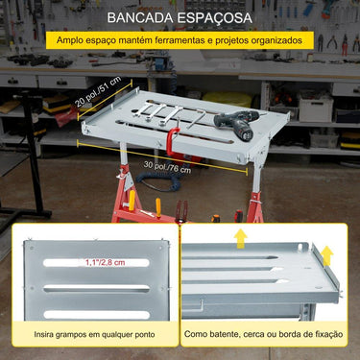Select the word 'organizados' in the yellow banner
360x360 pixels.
(284, 41)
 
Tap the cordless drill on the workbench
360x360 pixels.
(233, 121)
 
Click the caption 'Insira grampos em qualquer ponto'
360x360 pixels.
(91, 336)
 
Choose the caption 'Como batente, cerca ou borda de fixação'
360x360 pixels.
(264, 336)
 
